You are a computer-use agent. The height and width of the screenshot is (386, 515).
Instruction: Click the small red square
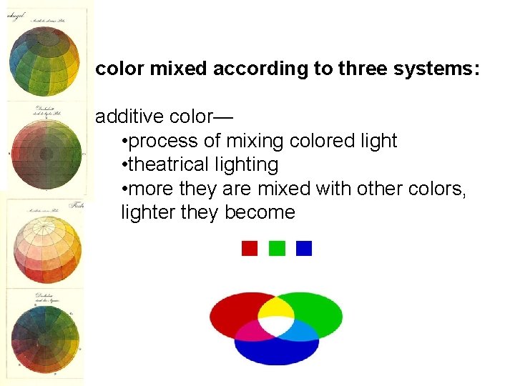coord(250,248)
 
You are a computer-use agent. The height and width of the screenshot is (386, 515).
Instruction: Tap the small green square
coord(277,248)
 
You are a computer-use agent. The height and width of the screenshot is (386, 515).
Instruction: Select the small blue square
coord(304,248)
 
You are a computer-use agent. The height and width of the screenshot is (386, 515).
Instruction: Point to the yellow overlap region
coord(276,308)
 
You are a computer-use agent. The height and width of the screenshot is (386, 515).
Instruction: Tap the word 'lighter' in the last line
coord(146,213)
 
